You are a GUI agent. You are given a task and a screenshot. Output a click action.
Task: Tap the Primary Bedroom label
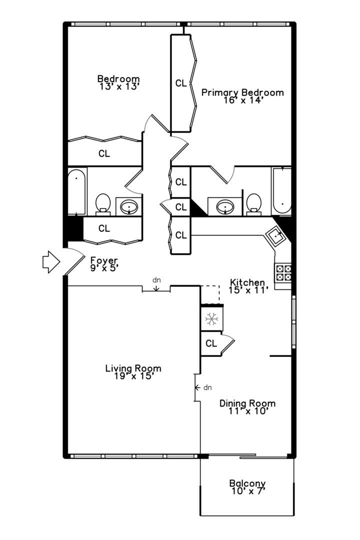242,92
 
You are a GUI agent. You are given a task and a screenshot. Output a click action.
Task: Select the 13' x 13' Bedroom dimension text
118,86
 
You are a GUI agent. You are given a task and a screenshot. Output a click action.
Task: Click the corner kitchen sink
276,234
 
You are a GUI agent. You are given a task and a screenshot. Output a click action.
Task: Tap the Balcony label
247,483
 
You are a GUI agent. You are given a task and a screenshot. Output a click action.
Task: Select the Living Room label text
133,368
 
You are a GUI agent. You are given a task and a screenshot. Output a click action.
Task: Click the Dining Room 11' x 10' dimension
247,411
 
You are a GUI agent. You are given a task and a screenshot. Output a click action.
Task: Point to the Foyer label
104,260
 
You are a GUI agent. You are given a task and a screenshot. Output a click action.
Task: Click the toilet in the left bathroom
103,203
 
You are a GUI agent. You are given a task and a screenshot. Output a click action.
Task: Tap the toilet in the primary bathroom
254,203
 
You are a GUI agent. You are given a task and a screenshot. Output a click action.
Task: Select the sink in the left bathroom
129,206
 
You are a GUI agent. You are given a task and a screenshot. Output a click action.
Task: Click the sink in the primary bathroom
225,205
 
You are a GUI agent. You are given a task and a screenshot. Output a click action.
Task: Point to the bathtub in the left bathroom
76,191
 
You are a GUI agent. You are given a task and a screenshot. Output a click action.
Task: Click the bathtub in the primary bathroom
282,191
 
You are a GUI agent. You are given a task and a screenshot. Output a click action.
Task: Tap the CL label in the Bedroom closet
104,153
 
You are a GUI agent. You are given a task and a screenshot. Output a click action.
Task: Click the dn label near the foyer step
156,280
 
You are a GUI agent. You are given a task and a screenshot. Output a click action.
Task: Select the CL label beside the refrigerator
211,343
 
